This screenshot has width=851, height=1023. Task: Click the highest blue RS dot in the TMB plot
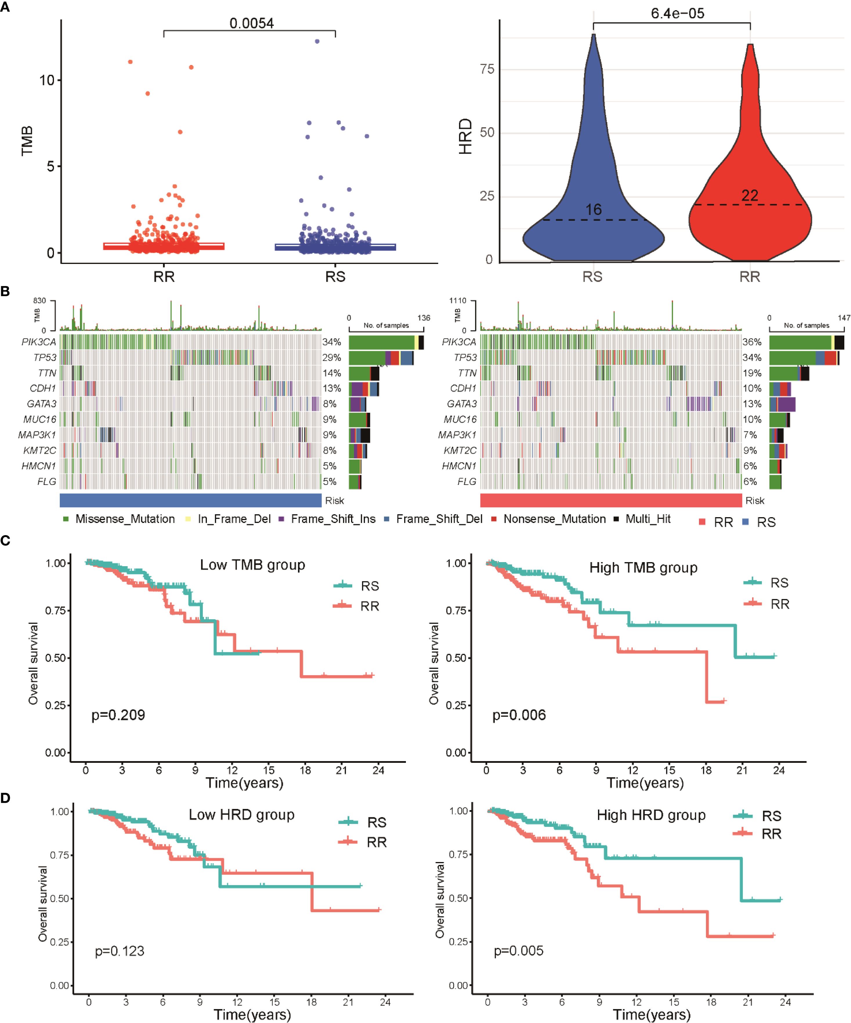pos(317,41)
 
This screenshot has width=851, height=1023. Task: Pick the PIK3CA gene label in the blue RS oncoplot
pos(39,342)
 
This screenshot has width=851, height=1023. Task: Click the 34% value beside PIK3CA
pos(331,342)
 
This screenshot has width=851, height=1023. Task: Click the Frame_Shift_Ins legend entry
pos(333,519)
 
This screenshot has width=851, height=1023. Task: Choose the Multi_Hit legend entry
pos(648,519)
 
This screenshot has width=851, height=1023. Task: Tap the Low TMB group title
pos(252,565)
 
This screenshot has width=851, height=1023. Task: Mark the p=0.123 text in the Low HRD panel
pos(120,951)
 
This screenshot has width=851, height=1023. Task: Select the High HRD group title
pos(651,815)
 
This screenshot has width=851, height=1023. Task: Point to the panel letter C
pos(5,541)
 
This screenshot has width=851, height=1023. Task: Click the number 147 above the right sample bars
pos(844,318)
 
